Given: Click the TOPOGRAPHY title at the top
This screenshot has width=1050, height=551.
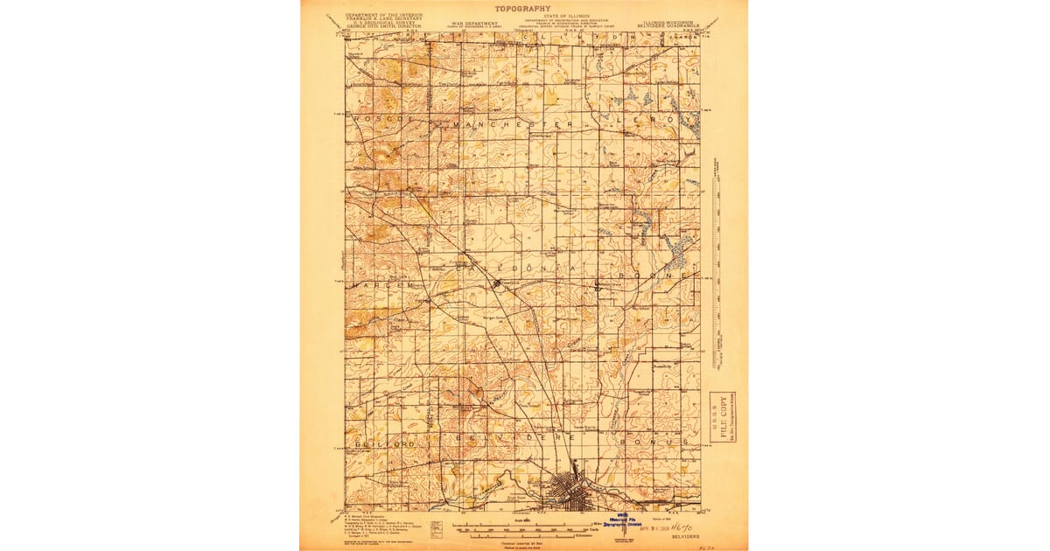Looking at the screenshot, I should [x=524, y=8].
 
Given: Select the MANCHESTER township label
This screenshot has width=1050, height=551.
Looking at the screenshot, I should [x=514, y=125].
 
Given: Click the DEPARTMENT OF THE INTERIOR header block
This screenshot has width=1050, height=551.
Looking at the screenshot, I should [x=383, y=20].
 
